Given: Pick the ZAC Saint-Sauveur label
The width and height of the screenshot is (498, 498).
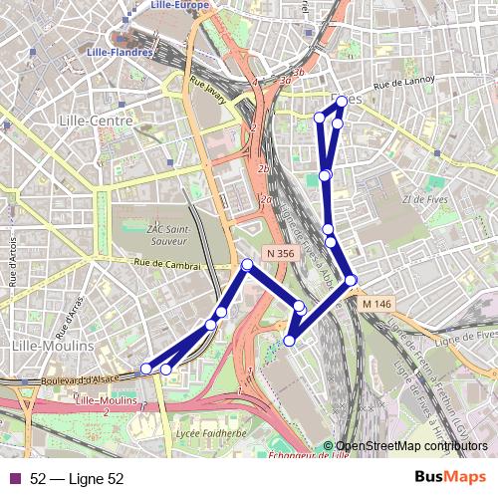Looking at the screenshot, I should pyautogui.click(x=145, y=234).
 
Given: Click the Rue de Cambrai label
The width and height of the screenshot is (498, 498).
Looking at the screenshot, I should pyautogui.click(x=167, y=265).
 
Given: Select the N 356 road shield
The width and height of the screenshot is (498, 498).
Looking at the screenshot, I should pyautogui.click(x=281, y=254).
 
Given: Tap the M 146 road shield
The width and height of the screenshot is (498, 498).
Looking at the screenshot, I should pyautogui.click(x=376, y=303).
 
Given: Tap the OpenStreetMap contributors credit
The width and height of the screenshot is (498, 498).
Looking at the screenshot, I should pyautogui.click(x=408, y=445).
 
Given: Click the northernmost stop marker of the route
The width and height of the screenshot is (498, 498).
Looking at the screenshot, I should pyautogui.click(x=342, y=101).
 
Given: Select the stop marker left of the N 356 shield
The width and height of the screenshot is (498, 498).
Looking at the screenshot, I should pyautogui.click(x=247, y=264).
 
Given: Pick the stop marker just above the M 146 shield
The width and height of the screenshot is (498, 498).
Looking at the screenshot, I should pyautogui.click(x=351, y=281).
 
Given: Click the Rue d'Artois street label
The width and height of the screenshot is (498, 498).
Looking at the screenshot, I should pyautogui.click(x=14, y=270).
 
